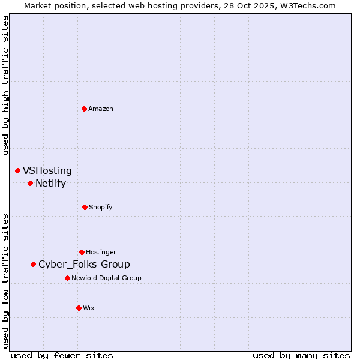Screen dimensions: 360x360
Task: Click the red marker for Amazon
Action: point(84,109)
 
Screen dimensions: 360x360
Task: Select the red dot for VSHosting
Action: point(17,171)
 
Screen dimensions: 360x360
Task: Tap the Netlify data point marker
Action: point(30,183)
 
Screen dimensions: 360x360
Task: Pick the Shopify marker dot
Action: point(85,207)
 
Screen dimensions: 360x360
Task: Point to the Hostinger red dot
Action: point(82,252)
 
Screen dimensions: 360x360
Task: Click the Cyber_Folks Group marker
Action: point(33,264)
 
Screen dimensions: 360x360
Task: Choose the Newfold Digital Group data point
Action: point(67,278)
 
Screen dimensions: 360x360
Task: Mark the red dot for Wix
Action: point(79,308)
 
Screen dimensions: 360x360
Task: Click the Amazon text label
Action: point(101,109)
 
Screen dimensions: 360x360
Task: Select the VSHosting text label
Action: point(47,171)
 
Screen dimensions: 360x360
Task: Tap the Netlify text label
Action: point(50,184)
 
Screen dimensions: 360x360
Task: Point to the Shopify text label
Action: point(101,207)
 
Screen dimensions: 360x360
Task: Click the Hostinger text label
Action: point(101,252)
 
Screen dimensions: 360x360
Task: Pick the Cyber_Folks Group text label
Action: point(84,265)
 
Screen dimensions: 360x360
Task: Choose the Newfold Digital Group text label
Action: point(106,278)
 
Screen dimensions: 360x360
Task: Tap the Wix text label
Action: point(89,308)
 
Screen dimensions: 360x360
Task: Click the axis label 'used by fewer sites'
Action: point(62,355)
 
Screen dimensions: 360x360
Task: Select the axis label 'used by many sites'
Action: point(301,355)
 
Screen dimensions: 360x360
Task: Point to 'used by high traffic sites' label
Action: point(5,85)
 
